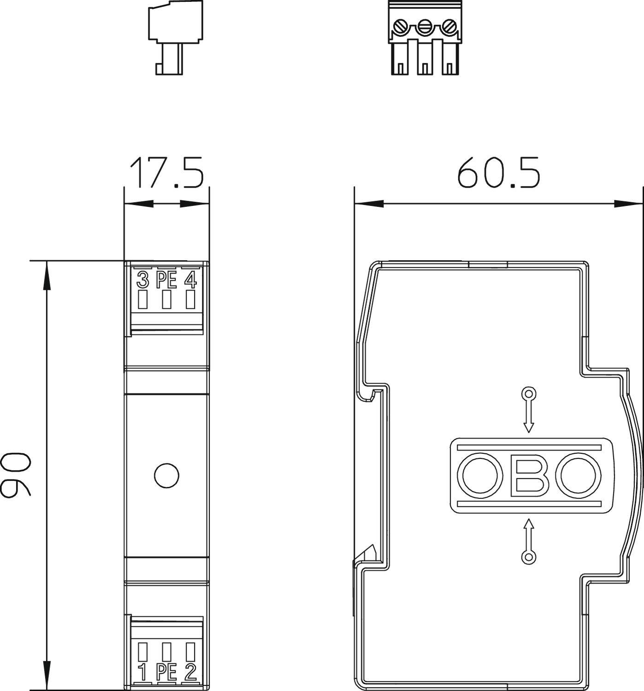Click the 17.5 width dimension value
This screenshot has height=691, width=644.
click(166, 173)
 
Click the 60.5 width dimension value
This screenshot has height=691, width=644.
click(498, 173)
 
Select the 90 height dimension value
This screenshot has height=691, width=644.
click(16, 475)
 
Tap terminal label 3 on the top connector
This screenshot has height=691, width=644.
click(143, 280)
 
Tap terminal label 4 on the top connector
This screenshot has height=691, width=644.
click(190, 280)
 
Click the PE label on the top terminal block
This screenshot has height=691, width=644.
click(166, 280)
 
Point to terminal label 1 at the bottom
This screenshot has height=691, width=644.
click(143, 673)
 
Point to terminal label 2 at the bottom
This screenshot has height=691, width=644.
click(190, 673)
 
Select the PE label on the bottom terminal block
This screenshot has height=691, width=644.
click(166, 673)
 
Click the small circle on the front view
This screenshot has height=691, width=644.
click(166, 475)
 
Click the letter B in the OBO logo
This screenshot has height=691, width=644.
click(530, 475)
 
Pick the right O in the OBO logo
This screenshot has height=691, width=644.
click(580, 475)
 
